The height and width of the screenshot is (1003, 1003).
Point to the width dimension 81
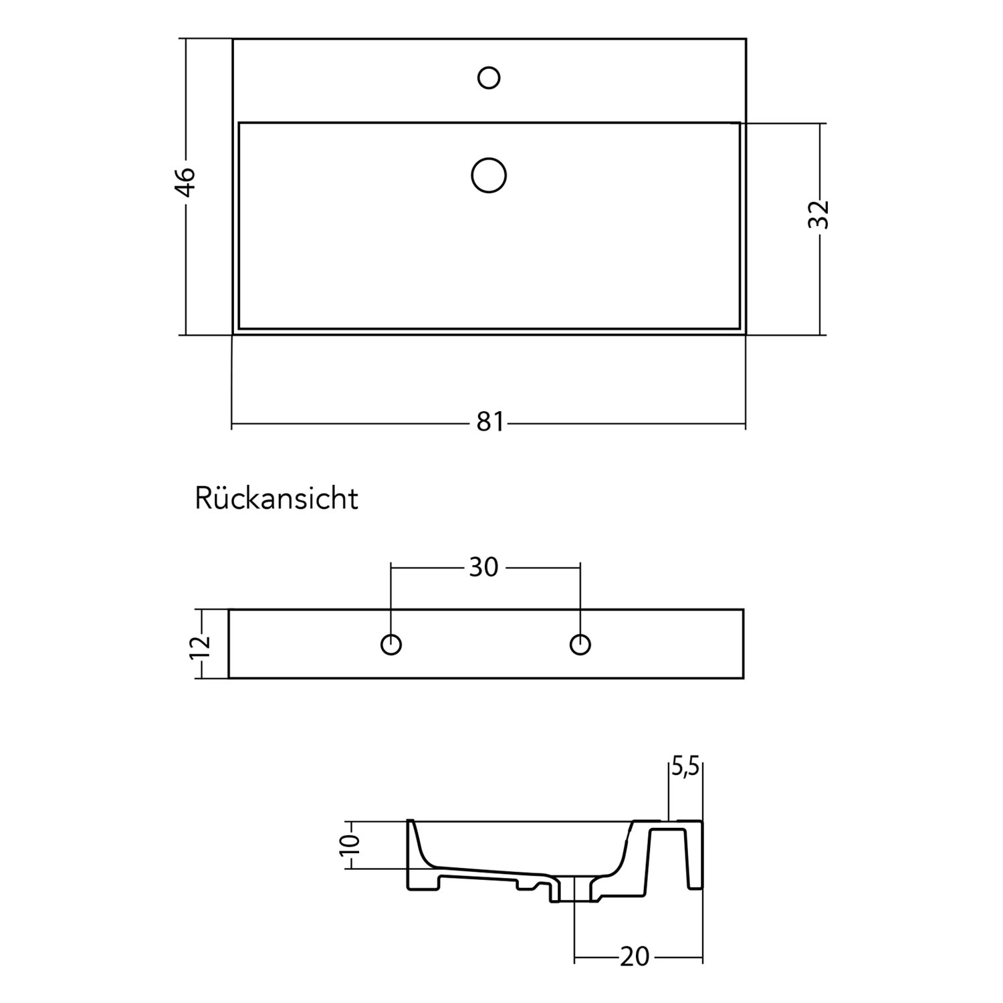(x=490, y=423)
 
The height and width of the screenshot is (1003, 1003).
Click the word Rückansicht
(x=276, y=499)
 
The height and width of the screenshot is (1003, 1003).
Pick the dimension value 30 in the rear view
(x=483, y=567)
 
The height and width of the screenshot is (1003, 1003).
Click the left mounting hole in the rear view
(x=391, y=645)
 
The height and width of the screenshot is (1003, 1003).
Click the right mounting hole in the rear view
(x=580, y=645)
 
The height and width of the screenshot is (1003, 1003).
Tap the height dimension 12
(x=201, y=645)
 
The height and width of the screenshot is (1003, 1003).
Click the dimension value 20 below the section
(x=634, y=957)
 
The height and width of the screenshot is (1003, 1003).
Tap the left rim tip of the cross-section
(x=410, y=821)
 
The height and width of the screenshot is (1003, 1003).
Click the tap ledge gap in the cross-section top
(x=669, y=820)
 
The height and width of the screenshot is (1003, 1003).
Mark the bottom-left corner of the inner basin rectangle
(x=239, y=329)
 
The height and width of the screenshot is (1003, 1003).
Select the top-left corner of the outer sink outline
(x=233, y=39)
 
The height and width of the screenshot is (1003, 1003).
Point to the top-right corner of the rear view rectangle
(x=744, y=609)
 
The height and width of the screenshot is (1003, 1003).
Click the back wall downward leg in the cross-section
(x=695, y=859)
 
